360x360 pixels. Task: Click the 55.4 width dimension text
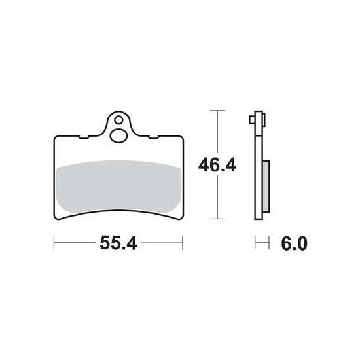click(x=118, y=243)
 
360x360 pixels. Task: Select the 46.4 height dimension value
click(x=217, y=166)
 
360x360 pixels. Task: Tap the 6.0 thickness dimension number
click(x=294, y=243)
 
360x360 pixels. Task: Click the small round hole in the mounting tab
click(x=118, y=120)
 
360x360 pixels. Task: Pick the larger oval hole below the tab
click(x=118, y=136)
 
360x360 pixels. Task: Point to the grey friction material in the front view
click(x=118, y=186)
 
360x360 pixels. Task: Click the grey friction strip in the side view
click(x=266, y=187)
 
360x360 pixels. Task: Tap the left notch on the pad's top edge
click(x=84, y=137)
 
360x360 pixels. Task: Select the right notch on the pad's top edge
click(x=153, y=137)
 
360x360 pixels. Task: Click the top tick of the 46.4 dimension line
click(x=217, y=111)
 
